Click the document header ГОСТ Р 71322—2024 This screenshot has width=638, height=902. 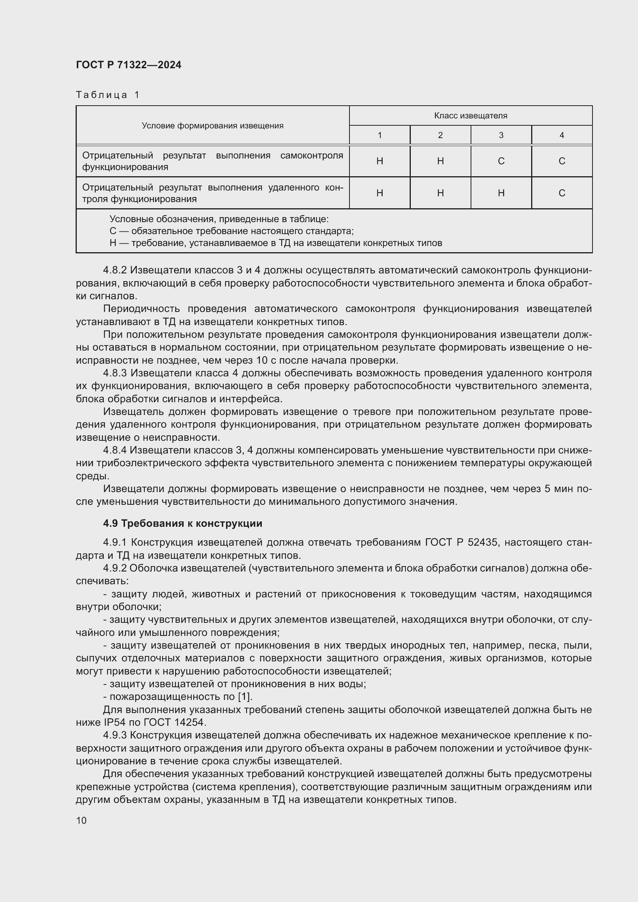pos(128,65)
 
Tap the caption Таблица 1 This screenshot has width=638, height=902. pos(108,95)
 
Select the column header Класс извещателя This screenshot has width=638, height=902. pos(470,116)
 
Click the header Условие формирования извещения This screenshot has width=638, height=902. pos(212,126)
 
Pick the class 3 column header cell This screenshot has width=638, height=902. pos(501,135)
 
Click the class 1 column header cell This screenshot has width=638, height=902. pos(380,135)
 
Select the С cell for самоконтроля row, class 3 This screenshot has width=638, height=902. pos(501,161)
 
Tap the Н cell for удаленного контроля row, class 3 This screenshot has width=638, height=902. pos(501,193)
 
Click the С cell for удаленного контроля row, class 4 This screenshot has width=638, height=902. pos(561,193)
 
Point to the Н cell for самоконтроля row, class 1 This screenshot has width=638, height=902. pos(380,161)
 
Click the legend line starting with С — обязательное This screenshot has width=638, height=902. pos(231,231)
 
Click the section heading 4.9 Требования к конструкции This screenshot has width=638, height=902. pos(182,523)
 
